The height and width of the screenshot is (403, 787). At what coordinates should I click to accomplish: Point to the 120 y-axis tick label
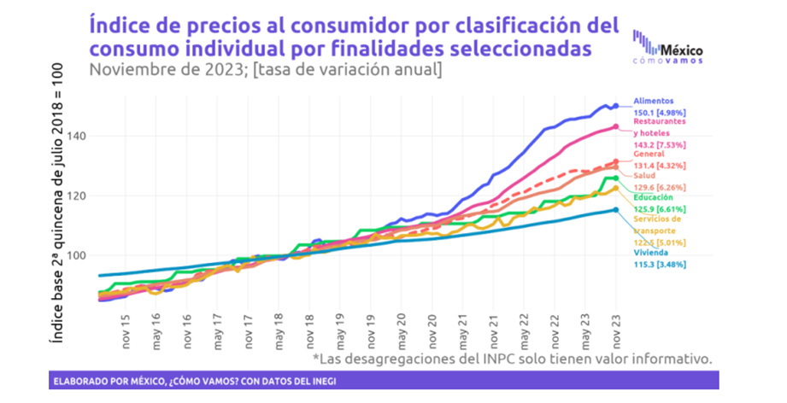click(78, 196)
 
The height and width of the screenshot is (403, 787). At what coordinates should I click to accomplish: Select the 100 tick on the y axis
click(78, 255)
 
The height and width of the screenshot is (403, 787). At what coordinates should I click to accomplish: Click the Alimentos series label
click(654, 101)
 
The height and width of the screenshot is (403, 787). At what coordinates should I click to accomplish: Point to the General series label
click(650, 154)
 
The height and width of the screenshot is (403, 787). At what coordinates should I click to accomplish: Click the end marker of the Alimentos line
click(616, 106)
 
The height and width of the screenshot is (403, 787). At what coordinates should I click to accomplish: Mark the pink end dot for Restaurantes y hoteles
click(616, 127)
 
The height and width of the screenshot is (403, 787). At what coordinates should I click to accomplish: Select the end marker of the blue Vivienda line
click(616, 210)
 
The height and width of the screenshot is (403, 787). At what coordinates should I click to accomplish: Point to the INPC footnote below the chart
click(512, 359)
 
